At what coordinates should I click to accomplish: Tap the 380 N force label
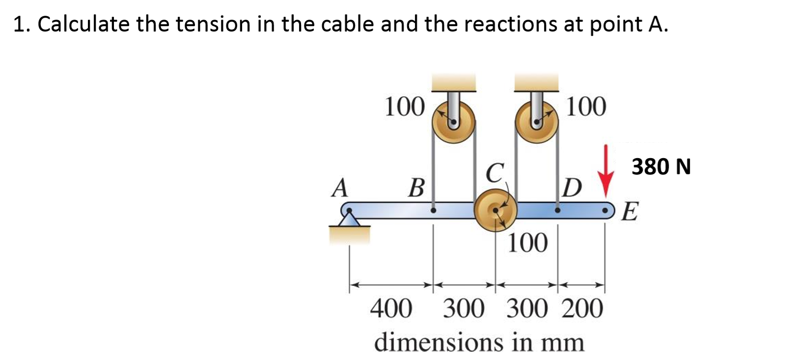661,167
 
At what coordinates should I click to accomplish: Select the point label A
339,188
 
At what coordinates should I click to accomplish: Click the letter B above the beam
416,188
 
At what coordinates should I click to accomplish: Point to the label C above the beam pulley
495,172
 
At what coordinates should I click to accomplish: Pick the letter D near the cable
573,188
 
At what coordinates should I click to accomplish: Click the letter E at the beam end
630,212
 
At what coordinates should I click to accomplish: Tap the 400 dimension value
391,308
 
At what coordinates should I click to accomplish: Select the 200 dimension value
582,308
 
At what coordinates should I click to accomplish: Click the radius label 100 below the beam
527,243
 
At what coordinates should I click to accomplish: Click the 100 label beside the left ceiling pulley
404,107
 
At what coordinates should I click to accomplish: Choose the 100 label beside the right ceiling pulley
586,107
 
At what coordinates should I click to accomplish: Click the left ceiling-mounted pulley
454,123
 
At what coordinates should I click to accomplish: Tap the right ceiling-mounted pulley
537,123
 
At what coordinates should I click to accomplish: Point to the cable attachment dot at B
433,210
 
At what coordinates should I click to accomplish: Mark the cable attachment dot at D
557,210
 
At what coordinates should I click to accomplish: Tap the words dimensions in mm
479,342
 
